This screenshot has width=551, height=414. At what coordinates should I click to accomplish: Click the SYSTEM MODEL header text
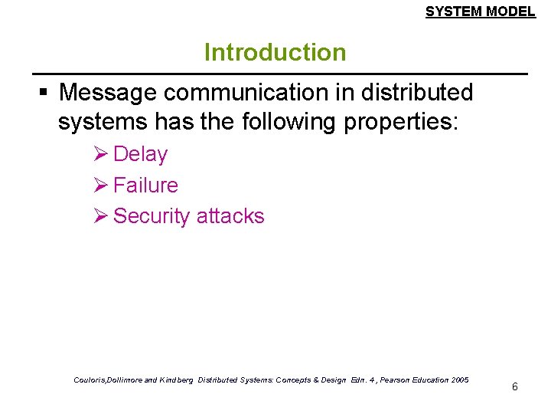480,11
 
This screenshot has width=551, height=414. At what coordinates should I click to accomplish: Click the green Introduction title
275,53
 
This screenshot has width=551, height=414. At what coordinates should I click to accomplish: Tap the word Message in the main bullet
108,93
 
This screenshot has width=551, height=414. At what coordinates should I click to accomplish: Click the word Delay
140,154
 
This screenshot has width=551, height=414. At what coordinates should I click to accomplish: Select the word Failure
145,186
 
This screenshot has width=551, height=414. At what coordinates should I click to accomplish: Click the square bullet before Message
44,94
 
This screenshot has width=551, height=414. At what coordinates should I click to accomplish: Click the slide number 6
514,386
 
